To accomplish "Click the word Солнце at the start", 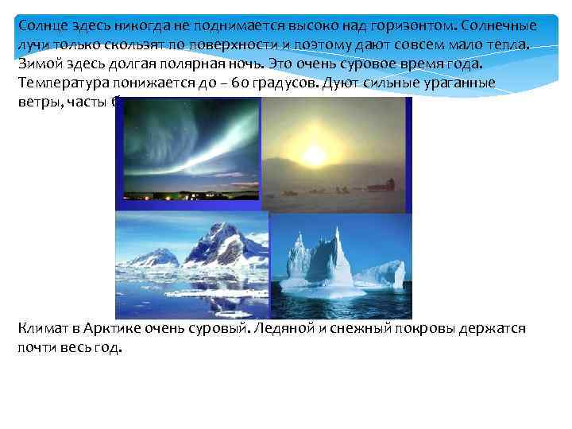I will pyautogui.click(x=42, y=26).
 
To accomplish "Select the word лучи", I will pyautogui.click(x=33, y=45).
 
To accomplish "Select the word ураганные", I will pyautogui.click(x=461, y=83).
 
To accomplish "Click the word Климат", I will pyautogui.click(x=44, y=329).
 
